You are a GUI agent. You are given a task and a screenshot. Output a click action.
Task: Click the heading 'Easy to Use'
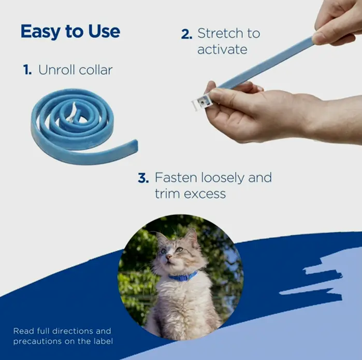pos(70,32)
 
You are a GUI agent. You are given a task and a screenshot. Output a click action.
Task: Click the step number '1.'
pos(27,70)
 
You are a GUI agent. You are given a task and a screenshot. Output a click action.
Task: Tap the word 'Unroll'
pos(56,70)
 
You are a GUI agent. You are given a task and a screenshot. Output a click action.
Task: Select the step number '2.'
pos(186,35)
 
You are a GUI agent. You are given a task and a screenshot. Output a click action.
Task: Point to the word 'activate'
pos(222,50)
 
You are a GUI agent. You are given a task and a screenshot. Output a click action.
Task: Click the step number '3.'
pos(143,178)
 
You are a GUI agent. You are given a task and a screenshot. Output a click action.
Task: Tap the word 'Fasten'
pos(176,178)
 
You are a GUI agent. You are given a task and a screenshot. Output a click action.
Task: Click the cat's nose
pos(169,256)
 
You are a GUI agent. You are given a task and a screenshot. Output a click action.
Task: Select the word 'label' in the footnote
pos(102,341)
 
